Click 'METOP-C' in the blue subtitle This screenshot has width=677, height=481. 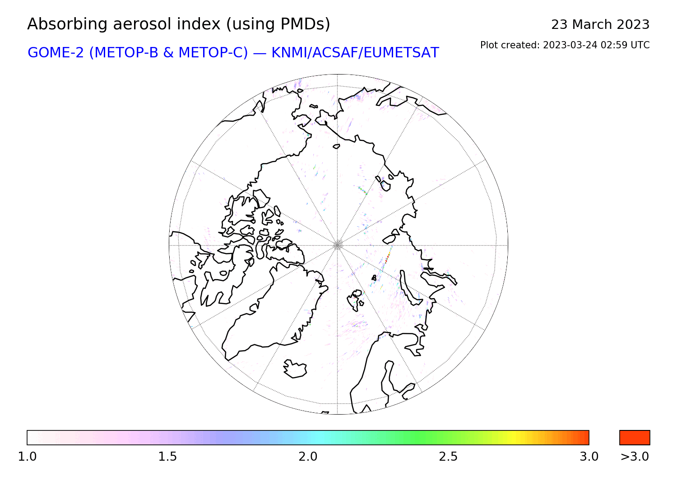213,53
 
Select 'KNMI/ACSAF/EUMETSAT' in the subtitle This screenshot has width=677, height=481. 355,53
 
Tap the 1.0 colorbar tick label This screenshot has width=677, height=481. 27,457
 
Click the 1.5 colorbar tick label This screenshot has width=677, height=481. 167,457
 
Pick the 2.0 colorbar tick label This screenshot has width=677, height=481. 308,457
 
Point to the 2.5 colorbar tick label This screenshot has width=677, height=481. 448,457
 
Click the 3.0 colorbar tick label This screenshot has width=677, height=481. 589,457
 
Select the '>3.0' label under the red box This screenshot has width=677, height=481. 635,457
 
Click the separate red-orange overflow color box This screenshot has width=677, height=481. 635,438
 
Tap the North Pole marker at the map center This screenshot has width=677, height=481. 338,245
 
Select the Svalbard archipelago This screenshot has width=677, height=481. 356,300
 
